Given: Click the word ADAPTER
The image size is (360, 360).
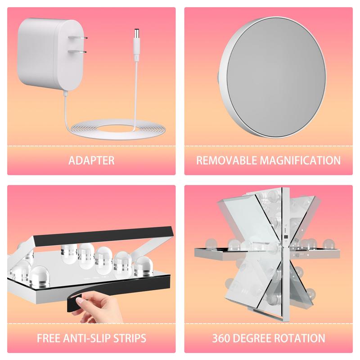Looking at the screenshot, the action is (91, 160).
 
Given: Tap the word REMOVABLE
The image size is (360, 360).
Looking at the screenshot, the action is (228, 160).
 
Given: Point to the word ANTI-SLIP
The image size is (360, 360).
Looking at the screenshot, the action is (87, 338).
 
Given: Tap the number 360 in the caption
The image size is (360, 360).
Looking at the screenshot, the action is (220, 338).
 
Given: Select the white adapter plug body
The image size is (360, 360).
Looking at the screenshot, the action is (49, 54).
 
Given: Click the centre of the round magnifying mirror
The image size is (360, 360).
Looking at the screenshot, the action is (272, 77).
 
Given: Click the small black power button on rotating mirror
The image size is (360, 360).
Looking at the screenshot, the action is (286, 237).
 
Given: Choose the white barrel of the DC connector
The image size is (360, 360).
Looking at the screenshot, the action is (137, 50).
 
